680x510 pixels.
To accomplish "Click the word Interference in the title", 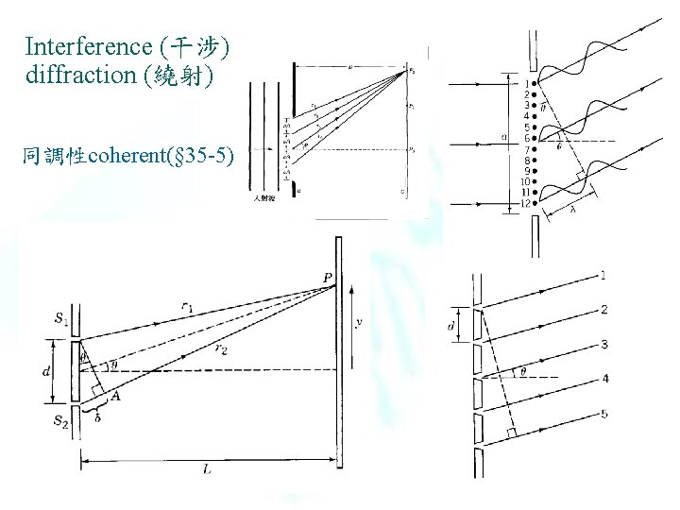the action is (x=91, y=46).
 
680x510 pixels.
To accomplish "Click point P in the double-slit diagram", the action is (x=327, y=278).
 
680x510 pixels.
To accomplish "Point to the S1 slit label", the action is (x=61, y=319).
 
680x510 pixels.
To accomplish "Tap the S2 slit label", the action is (x=61, y=419).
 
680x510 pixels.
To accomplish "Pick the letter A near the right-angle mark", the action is (x=115, y=397).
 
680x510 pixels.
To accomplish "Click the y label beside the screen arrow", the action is (x=359, y=322).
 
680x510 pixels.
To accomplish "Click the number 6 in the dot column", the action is (x=525, y=138).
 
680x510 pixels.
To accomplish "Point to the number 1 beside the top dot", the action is (x=525, y=84).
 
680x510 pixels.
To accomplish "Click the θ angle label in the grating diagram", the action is (x=521, y=371).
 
